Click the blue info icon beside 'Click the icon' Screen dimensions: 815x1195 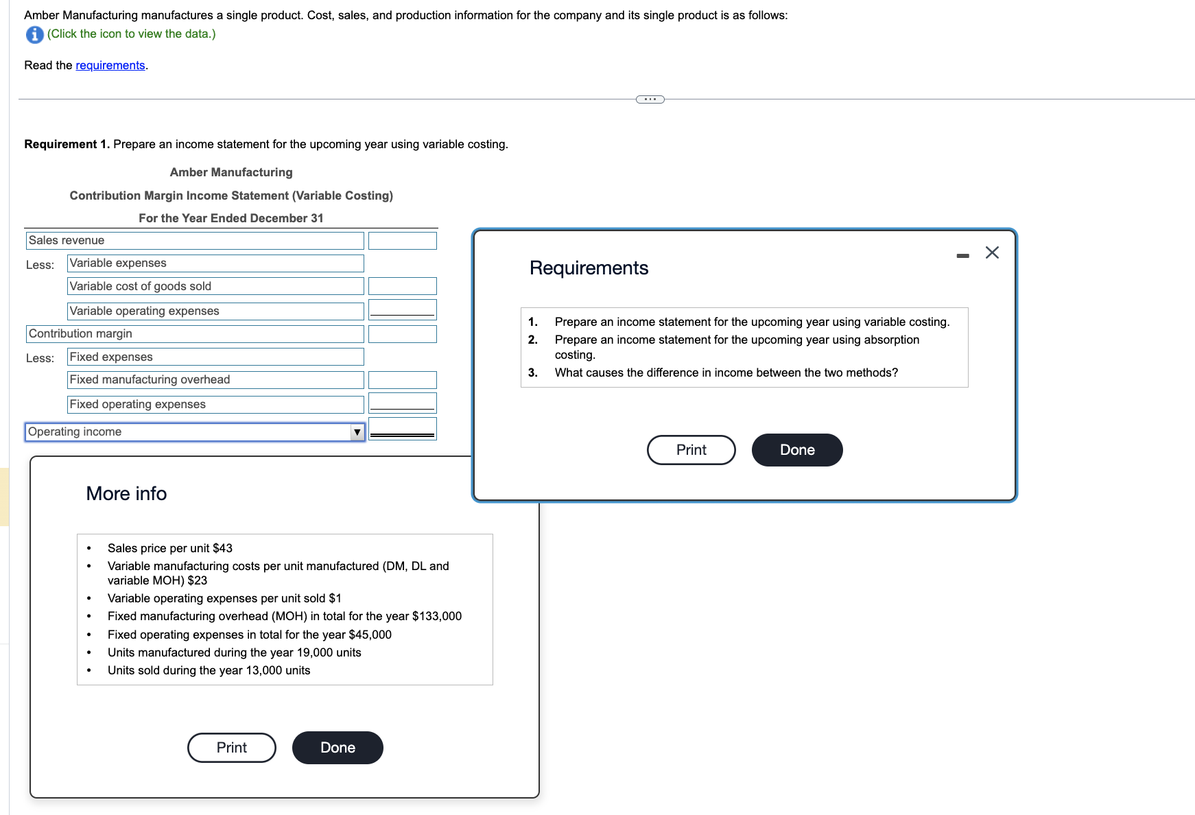click(x=34, y=34)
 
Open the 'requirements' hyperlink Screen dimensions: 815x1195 click(x=110, y=65)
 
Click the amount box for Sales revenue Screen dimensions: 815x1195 click(x=402, y=241)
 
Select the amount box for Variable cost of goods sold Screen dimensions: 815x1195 click(x=402, y=286)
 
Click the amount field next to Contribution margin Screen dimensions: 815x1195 click(x=402, y=334)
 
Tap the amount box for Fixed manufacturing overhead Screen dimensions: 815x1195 click(x=402, y=380)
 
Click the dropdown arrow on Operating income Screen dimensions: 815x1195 click(x=357, y=432)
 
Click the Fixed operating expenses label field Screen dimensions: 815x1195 click(x=215, y=405)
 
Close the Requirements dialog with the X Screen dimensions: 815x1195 click(x=992, y=252)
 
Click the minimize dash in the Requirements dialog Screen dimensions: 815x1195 click(x=963, y=255)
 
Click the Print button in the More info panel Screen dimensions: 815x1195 click(x=232, y=748)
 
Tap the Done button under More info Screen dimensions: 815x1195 click(x=338, y=748)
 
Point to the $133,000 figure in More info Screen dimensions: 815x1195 click(x=437, y=616)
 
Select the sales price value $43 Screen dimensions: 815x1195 click(x=222, y=548)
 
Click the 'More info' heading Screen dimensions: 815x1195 click(x=126, y=494)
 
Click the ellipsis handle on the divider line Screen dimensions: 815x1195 click(x=650, y=99)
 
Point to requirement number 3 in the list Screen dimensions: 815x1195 click(x=533, y=373)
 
